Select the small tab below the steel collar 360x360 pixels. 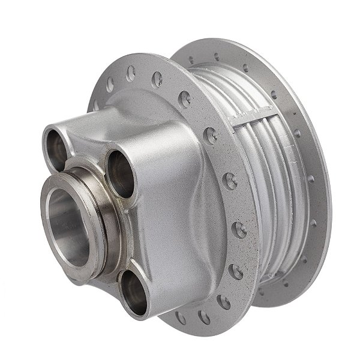[x=75, y=279]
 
